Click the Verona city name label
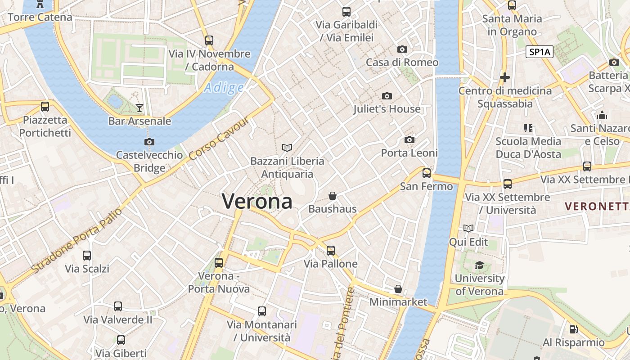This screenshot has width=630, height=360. tap(257, 201)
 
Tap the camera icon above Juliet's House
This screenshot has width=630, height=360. tap(387, 96)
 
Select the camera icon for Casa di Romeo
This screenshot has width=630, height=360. tap(402, 49)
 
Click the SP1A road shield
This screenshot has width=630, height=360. tap(540, 52)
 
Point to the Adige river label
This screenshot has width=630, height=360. tap(224, 87)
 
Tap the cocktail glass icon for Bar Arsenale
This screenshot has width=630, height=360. tap(139, 108)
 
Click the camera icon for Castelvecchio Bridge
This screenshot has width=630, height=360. tap(149, 142)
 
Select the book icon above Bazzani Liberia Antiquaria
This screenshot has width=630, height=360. tap(287, 148)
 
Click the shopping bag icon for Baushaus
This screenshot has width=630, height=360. tap(333, 196)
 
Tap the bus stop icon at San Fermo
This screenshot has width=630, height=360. tap(426, 173)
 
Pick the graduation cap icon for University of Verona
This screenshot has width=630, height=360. tap(479, 265)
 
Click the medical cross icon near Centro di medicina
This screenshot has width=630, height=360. tap(505, 77)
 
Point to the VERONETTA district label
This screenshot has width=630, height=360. tap(597, 207)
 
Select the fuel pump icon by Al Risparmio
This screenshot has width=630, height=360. tap(573, 329)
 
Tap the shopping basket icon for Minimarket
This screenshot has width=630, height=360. tap(398, 289)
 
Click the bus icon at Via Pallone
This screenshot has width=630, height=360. tap(331, 251)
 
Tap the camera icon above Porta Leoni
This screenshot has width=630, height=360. tap(409, 140)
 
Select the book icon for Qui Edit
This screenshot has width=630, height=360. tap(468, 229)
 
